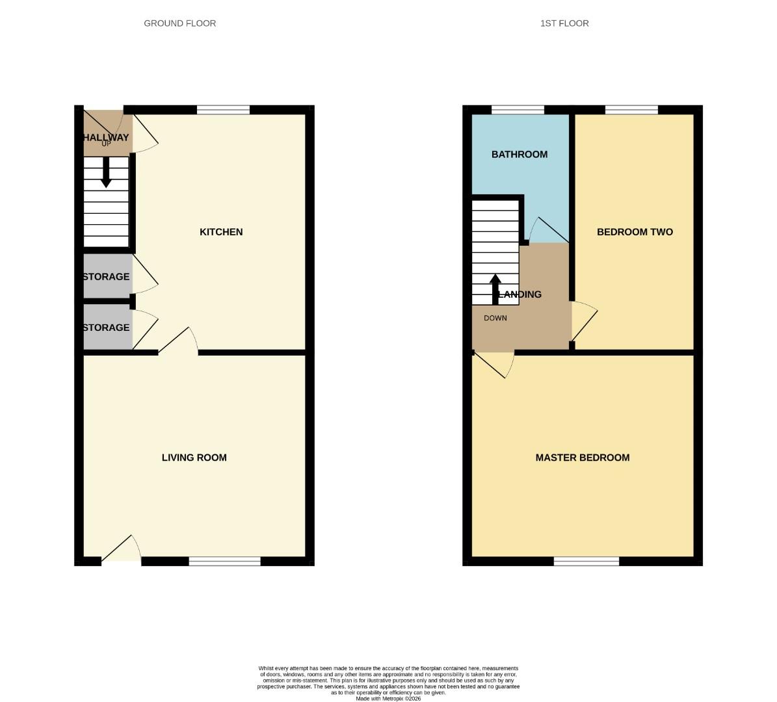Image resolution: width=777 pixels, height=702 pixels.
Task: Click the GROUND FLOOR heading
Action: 179,23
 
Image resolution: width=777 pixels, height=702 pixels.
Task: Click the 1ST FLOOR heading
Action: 564,23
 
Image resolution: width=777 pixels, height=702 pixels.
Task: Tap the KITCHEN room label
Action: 221,232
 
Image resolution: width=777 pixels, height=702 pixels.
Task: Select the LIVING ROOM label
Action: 194,458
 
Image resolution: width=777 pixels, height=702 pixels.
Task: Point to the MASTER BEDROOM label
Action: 583,458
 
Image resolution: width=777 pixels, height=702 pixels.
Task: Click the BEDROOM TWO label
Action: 635,232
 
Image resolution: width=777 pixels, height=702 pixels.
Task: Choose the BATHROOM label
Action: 520,155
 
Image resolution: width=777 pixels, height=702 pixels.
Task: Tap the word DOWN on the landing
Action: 495,318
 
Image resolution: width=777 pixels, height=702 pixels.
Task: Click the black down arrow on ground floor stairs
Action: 106,174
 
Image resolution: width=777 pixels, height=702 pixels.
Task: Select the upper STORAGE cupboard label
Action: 106,277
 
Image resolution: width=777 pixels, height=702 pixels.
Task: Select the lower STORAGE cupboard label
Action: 106,328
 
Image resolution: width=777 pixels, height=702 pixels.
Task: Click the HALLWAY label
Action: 106,137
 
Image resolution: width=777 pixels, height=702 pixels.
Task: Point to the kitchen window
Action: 223,109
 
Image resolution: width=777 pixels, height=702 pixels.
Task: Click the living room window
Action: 225,561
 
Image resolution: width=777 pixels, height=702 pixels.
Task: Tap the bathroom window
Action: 518,109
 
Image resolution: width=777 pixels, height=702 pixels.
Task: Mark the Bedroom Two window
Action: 631,109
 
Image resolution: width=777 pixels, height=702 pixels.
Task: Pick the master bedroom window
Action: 586,561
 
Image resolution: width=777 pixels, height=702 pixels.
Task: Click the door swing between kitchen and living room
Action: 179,341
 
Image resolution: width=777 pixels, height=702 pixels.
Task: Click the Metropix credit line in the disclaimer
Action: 388,699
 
